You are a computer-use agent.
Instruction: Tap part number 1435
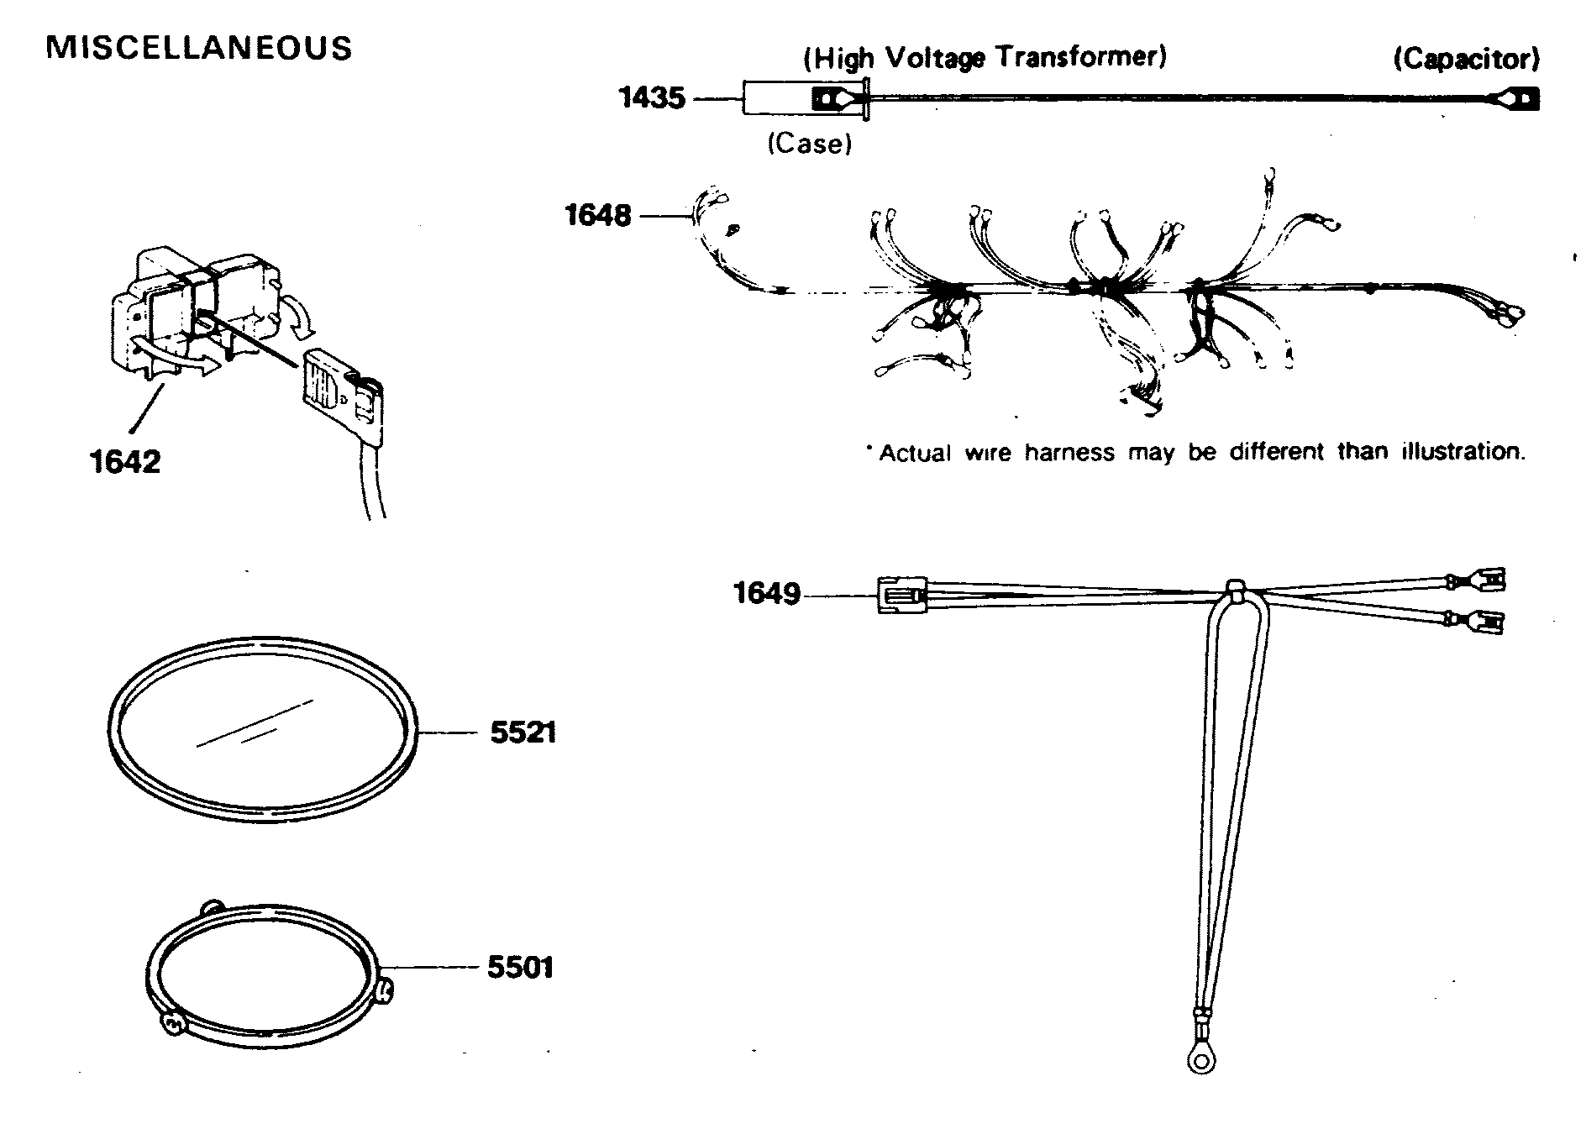point(652,98)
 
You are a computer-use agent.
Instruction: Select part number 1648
point(597,216)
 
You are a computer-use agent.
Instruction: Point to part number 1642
point(124,461)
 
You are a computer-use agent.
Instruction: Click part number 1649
point(767,594)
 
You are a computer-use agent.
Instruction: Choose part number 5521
point(523,733)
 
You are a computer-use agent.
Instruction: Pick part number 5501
point(521,967)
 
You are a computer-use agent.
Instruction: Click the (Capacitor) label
point(1466,59)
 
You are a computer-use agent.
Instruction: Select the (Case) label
point(809,144)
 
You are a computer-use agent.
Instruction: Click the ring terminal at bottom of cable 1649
point(1202,1060)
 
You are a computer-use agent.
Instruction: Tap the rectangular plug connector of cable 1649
point(901,595)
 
